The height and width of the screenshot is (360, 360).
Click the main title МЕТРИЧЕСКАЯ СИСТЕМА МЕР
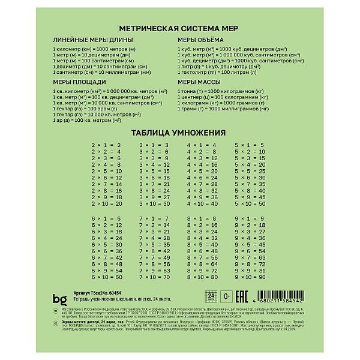179,28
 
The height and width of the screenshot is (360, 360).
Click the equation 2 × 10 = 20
106,204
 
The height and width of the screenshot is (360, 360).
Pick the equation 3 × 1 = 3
154,145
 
